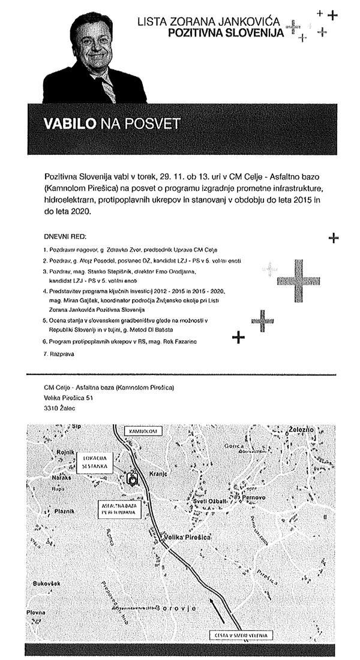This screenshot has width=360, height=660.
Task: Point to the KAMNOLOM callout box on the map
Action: click(x=142, y=431)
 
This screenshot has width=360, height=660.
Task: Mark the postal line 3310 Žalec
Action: click(x=60, y=407)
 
